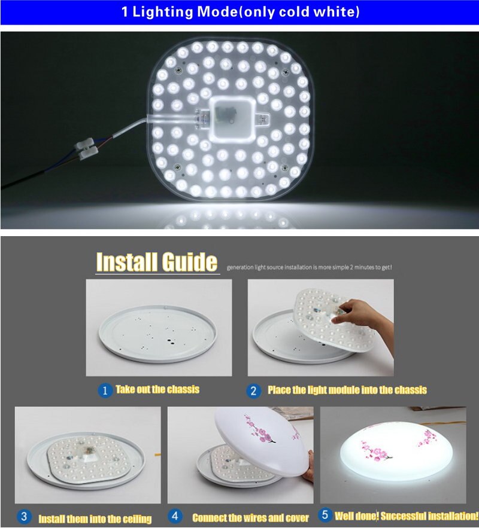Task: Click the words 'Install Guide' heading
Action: [x=157, y=262]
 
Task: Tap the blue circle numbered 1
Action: [x=105, y=390]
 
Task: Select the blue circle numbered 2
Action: [x=253, y=391]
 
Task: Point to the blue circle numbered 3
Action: [x=24, y=517]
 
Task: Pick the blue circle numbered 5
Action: [x=326, y=515]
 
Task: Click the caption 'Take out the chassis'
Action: [x=157, y=390]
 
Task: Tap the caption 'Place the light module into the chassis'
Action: [x=347, y=390]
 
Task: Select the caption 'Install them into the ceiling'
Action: [x=95, y=518]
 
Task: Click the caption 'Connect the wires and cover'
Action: [x=250, y=517]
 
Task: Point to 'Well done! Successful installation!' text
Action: [x=407, y=515]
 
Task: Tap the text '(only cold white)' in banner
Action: [x=299, y=12]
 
